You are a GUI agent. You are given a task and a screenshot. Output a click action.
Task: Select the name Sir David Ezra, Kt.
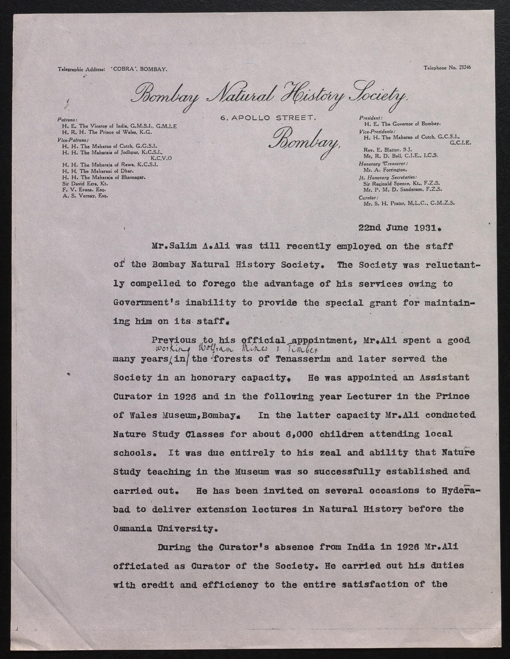click(x=85, y=183)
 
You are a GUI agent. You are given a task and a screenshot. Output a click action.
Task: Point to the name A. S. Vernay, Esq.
click(x=85, y=196)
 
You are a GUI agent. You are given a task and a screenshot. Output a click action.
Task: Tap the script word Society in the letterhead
click(x=378, y=96)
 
